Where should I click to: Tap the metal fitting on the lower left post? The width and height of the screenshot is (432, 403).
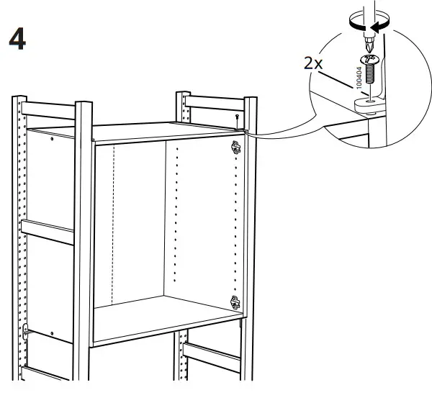26,333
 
